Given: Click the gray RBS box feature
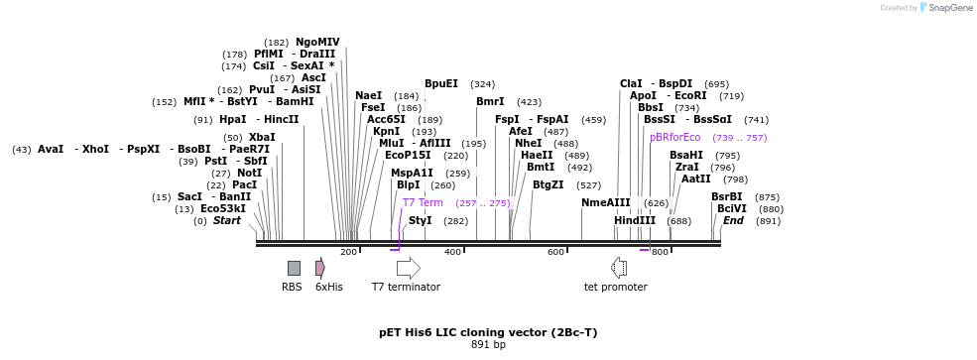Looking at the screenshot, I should pos(294,268).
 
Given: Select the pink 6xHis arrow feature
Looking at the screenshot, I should pos(320,268).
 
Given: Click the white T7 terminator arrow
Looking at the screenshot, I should pos(408,268).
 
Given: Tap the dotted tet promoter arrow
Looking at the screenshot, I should pos(619,268).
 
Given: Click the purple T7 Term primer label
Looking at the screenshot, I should pos(423,202).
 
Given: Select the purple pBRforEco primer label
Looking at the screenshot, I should pos(674,137).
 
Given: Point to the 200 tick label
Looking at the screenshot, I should pos(349,252).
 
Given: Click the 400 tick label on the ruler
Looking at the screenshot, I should pos(453,252).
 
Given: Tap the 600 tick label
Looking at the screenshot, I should pos(556,252).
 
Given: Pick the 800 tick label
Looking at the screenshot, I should pos(661,252).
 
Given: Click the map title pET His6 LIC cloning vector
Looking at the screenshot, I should pos(488,332).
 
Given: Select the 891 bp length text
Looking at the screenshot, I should pos(488,345).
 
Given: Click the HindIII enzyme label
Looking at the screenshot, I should pos(635,220).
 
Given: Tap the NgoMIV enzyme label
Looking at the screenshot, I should pos(317,42).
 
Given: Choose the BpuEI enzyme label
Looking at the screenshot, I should pos(441,84).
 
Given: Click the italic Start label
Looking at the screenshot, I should pos(227,220).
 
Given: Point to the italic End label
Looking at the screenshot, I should pos(733,220).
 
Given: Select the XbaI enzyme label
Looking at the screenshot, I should pos(262,137).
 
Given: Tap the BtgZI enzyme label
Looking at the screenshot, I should pos(548,184).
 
